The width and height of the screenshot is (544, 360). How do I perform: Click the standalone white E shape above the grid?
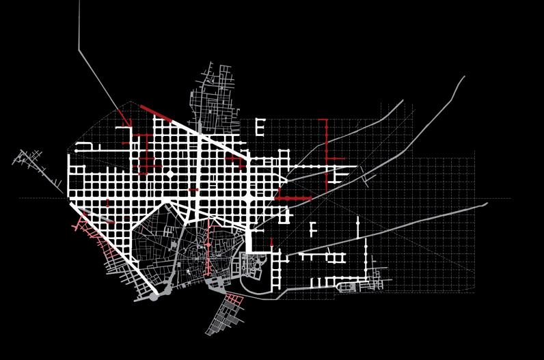pos(260,126)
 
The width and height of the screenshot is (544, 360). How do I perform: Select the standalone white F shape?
pos(313,229)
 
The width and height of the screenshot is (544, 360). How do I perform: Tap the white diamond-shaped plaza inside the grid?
pos(170,176)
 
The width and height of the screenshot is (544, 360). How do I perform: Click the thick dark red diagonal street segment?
pos(156,112)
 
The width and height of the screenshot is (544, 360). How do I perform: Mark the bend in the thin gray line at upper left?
pos(79,50)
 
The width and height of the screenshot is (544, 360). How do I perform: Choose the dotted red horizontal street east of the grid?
pos(294,198)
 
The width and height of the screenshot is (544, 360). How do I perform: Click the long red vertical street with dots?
pos(326,152)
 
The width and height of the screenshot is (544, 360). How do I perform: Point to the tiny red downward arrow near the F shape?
pos(271,243)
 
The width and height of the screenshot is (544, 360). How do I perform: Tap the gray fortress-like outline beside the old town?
pos(251,266)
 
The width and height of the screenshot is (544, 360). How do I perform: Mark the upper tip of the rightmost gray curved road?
pos(464,77)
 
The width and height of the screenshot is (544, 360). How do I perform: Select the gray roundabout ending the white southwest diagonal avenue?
pos(154,297)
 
